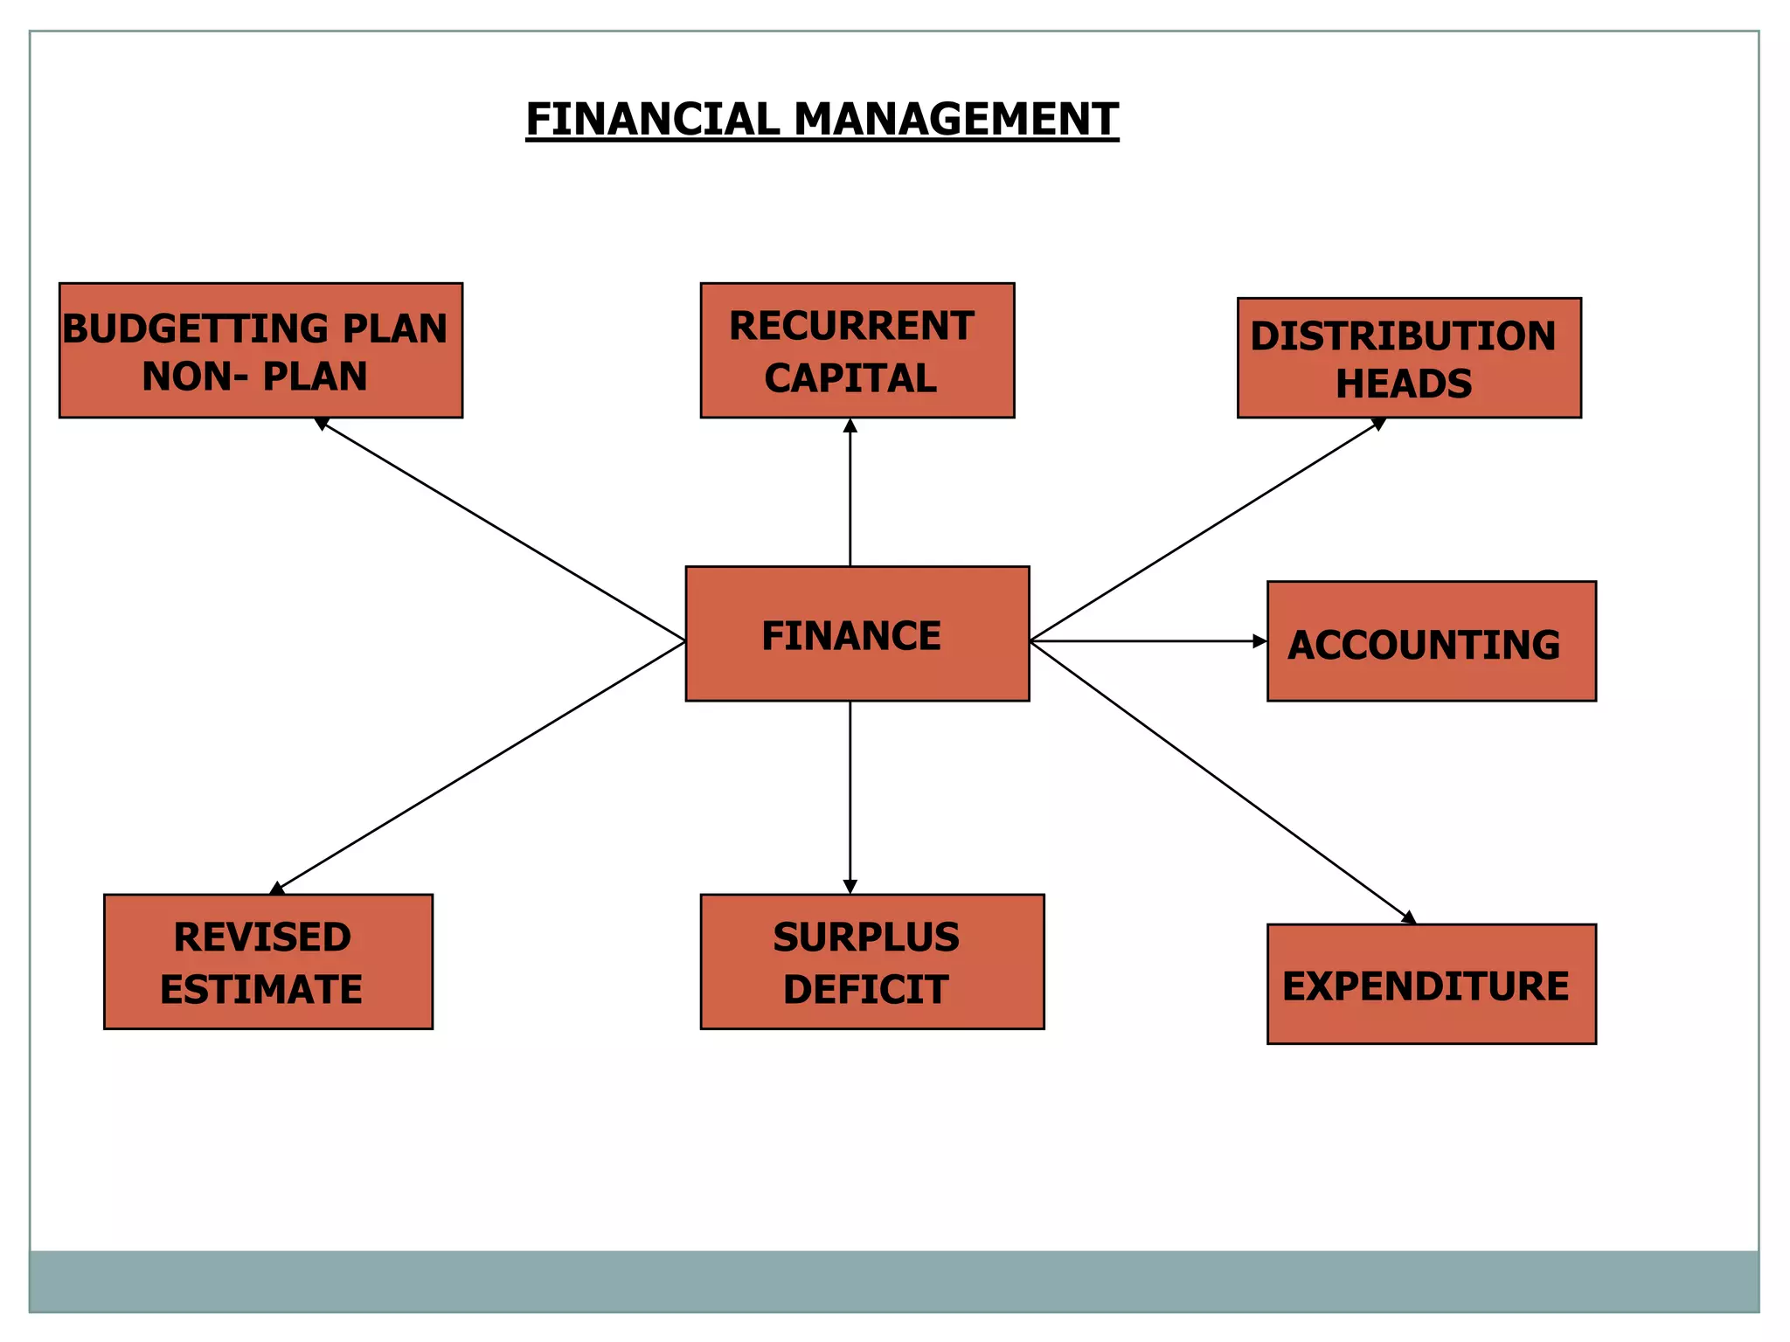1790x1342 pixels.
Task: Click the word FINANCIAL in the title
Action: (652, 119)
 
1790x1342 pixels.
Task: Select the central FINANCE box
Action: (857, 633)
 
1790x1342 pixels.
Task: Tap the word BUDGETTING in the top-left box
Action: (197, 329)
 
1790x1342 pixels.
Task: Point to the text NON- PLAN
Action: (254, 377)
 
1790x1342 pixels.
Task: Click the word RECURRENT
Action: (851, 326)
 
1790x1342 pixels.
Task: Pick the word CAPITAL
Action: (850, 378)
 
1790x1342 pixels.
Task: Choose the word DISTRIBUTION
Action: (1404, 336)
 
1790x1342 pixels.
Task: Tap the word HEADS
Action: (1404, 384)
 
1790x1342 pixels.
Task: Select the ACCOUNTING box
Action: (1432, 641)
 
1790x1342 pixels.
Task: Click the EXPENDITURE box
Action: (1432, 984)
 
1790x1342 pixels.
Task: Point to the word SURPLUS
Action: (866, 937)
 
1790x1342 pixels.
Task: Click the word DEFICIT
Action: (866, 990)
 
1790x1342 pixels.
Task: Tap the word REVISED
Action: (262, 937)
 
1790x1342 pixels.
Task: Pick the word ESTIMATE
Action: (261, 990)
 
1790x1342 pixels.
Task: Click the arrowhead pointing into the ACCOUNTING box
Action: (1260, 641)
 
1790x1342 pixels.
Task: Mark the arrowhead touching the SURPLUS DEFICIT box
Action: (850, 887)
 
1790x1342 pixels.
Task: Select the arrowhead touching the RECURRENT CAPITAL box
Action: (850, 425)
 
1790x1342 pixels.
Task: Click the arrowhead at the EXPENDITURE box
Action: (1410, 918)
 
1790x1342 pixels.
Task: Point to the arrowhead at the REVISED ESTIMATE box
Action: (277, 889)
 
